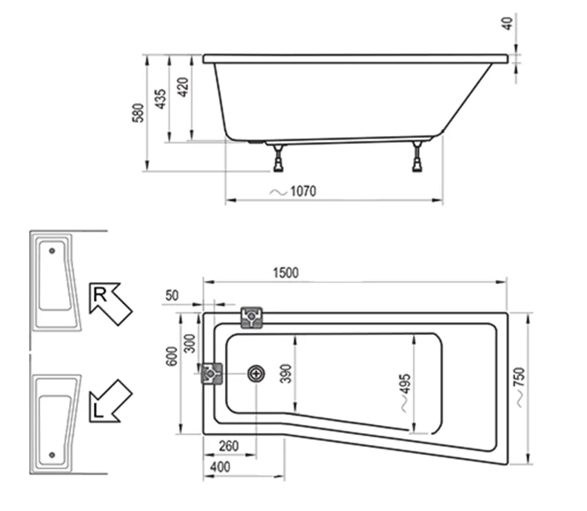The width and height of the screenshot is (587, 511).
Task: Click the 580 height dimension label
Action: [138, 112]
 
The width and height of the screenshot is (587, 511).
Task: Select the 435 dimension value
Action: [160, 100]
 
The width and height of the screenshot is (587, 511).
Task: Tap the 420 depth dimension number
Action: [183, 88]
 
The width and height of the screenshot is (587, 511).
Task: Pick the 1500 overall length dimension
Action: [285, 272]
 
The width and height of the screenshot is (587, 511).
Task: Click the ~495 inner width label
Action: [404, 392]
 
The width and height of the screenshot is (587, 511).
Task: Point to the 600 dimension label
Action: [173, 355]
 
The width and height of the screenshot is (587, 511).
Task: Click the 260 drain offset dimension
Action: [227, 446]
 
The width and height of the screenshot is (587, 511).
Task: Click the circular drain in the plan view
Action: [256, 374]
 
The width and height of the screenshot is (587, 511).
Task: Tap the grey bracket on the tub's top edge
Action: [251, 317]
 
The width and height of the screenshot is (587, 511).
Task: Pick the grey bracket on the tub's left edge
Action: [211, 374]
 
